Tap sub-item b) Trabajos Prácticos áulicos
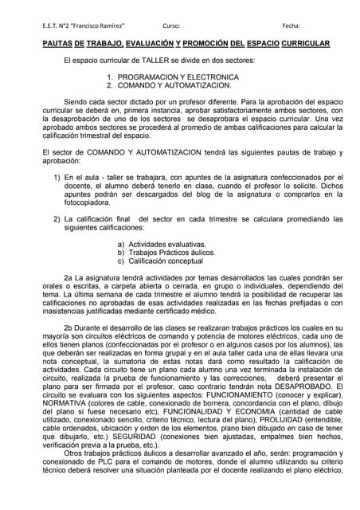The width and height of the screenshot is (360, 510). (172, 253)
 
